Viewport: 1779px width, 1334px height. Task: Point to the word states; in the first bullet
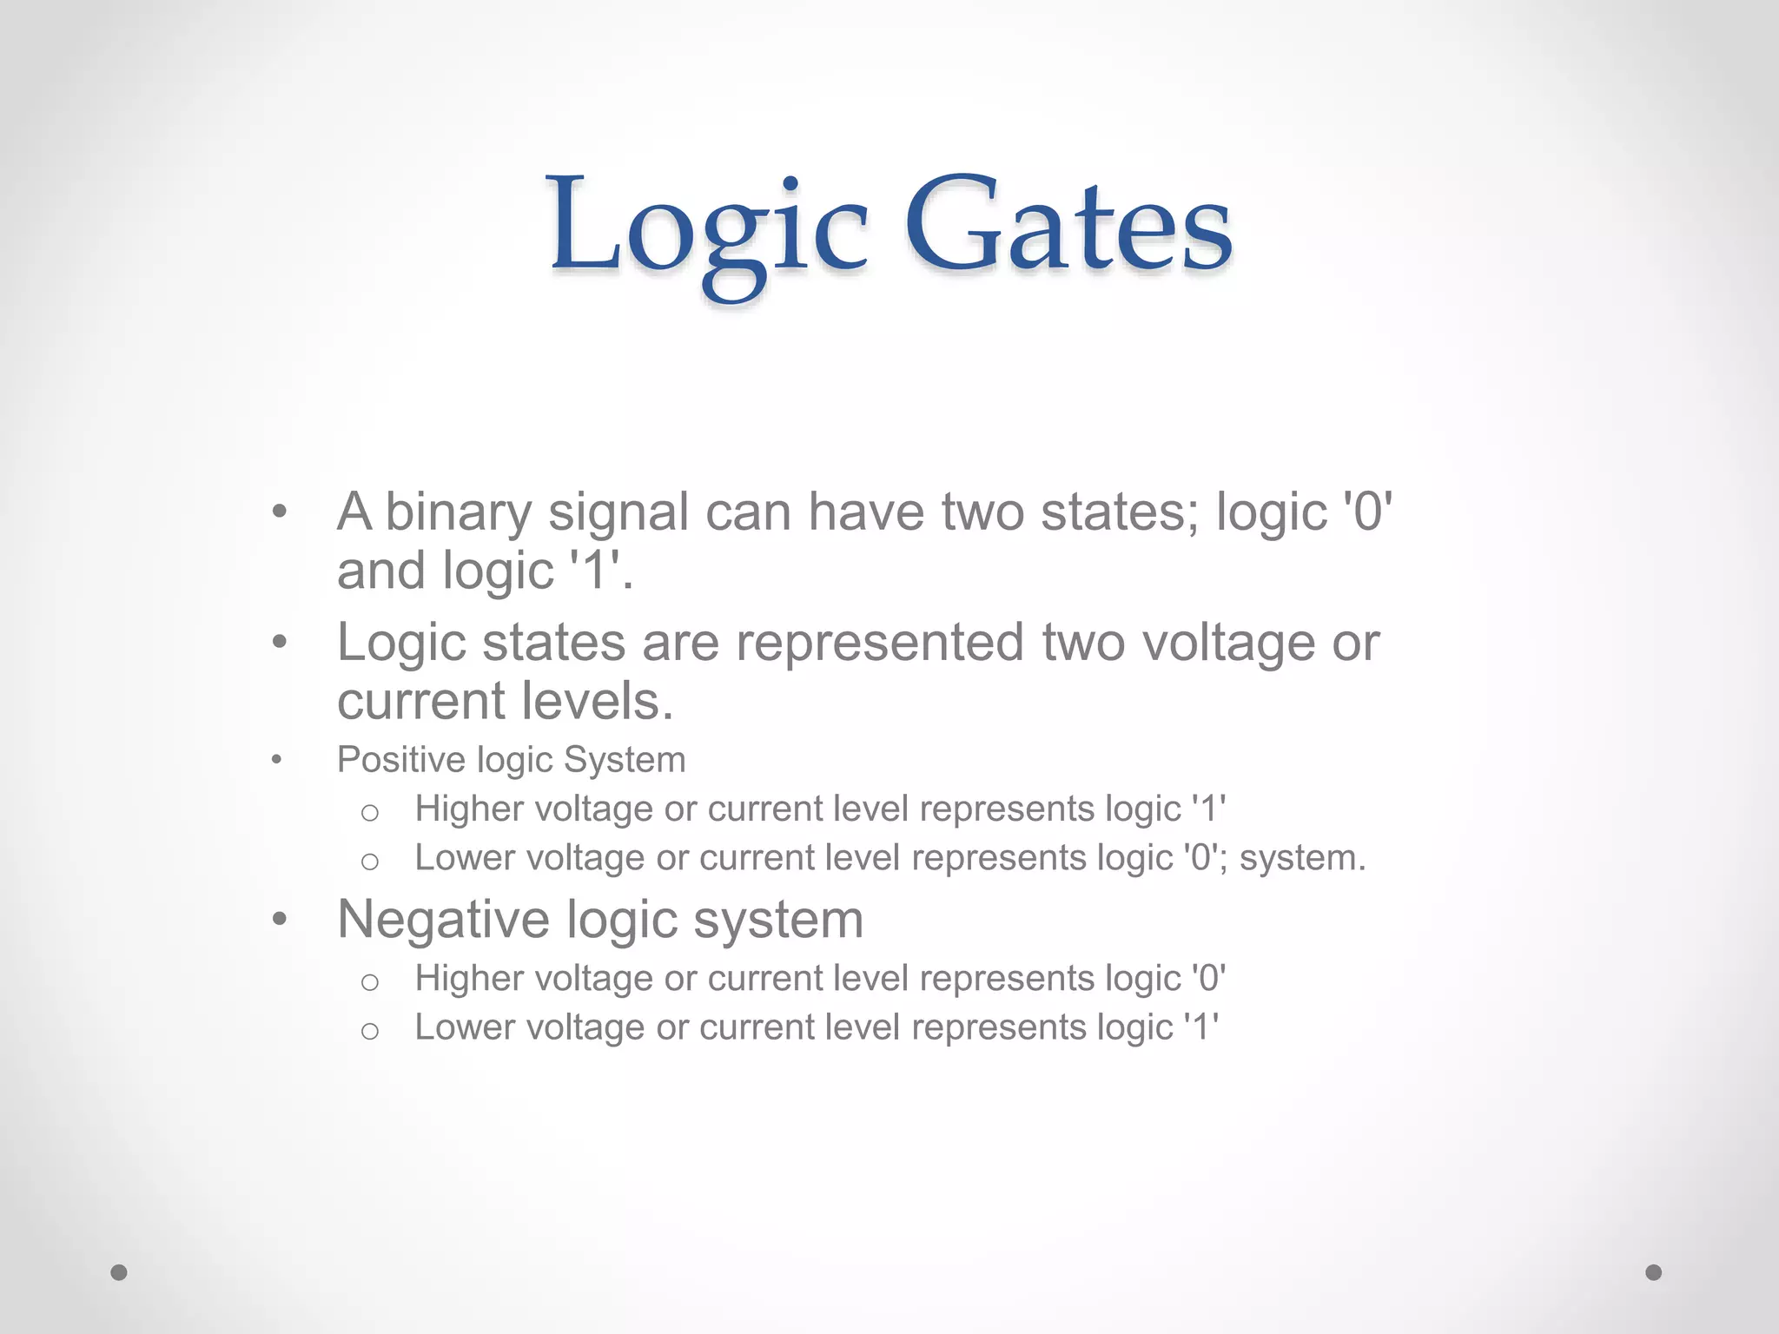point(1120,512)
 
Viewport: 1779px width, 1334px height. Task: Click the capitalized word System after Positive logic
point(625,761)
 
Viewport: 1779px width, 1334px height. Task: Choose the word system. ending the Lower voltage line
point(1302,859)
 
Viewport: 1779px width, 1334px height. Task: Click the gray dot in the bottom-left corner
point(119,1272)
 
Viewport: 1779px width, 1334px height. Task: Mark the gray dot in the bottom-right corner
point(1654,1272)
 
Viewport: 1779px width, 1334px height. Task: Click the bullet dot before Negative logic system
point(279,919)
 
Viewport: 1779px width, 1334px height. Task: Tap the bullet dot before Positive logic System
point(276,761)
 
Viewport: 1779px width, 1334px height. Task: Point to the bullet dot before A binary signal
point(279,512)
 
